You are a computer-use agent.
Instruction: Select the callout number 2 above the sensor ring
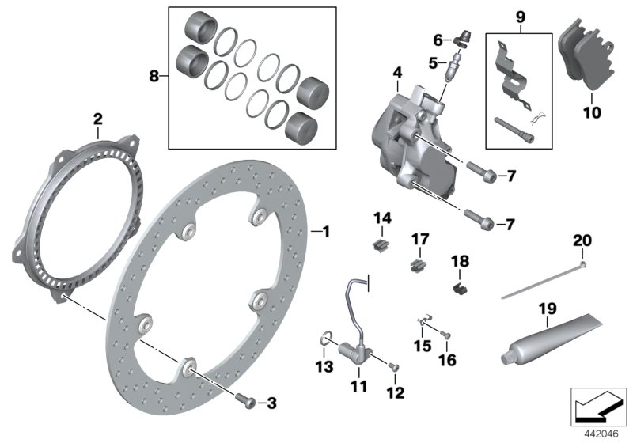[x=97, y=119]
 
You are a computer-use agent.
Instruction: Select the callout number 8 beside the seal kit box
[x=154, y=76]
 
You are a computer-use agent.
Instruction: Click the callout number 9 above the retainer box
[x=519, y=16]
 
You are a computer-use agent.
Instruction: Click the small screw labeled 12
[x=395, y=366]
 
